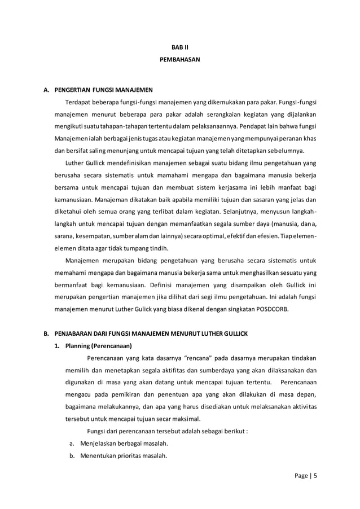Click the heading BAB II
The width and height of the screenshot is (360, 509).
click(180, 47)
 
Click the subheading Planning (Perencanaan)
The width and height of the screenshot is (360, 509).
click(98, 346)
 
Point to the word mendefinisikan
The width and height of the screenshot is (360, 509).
click(124, 163)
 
